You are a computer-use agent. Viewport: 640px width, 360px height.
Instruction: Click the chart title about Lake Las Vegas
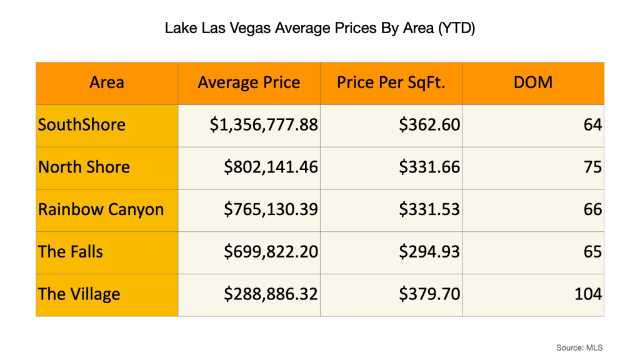320,29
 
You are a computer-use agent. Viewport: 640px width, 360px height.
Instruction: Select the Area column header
107,82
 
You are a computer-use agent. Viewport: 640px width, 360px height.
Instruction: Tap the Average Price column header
249,82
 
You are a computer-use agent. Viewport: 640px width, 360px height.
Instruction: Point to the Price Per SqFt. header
391,82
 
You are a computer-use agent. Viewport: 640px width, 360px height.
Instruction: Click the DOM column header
533,82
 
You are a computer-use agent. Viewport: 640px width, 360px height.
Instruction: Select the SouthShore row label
82,124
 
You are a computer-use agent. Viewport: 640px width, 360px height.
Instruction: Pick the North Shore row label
84,167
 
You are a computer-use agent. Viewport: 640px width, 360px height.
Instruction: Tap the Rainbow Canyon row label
101,209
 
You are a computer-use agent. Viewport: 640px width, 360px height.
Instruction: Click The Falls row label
71,252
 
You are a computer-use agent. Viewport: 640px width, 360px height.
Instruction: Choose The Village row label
79,294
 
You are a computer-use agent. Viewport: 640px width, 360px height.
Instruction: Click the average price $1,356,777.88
264,124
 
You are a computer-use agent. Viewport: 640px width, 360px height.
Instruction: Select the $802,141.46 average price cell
271,167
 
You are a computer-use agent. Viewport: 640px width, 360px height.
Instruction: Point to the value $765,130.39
271,209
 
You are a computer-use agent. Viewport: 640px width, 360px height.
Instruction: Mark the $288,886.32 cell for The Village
271,294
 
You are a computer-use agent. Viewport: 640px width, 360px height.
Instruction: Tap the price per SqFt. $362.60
429,124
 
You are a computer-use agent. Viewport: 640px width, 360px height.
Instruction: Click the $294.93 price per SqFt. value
429,252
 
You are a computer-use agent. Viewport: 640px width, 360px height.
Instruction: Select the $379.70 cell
429,294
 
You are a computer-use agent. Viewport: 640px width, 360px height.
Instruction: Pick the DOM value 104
588,294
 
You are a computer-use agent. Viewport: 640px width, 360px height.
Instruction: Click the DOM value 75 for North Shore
593,167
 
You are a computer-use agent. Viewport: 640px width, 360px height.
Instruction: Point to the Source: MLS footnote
579,347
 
